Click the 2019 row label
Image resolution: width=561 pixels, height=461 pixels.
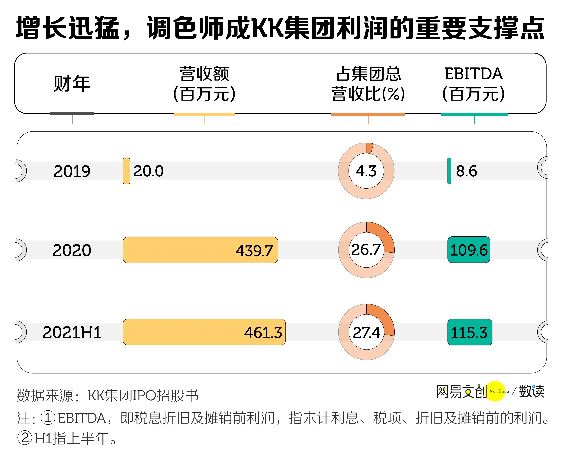tap(72, 171)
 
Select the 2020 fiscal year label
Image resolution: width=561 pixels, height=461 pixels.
tap(72, 250)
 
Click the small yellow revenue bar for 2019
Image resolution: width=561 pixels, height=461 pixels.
tap(126, 171)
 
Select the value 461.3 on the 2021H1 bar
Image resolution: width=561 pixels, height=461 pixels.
tap(263, 333)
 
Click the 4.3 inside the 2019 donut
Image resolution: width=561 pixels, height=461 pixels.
tap(366, 171)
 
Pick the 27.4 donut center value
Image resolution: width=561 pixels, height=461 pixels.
tap(366, 332)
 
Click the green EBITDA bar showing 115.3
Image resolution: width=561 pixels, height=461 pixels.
tap(469, 332)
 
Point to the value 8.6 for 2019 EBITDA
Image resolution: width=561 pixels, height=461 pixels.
tap(466, 171)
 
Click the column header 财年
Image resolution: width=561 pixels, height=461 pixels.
tap(72, 84)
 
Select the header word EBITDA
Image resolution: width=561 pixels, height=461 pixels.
tap(473, 74)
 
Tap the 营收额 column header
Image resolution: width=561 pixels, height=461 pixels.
tap(204, 74)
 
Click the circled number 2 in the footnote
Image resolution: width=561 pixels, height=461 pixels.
tap(25, 438)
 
